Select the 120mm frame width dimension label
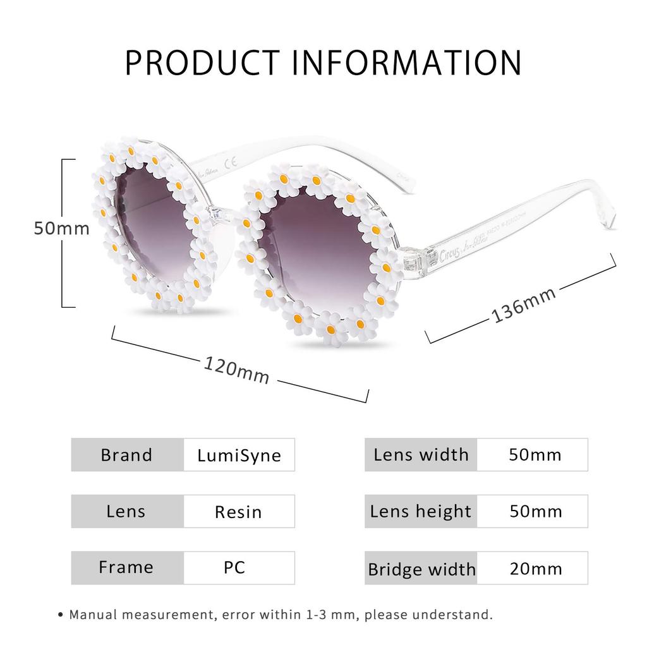pyautogui.click(x=236, y=370)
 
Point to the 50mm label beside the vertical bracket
pyautogui.click(x=62, y=228)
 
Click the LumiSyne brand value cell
pyautogui.click(x=239, y=455)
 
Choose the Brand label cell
pyautogui.click(x=127, y=455)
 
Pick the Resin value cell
pyautogui.click(x=238, y=511)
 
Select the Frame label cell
pyautogui.click(x=126, y=567)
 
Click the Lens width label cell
pyautogui.click(x=421, y=455)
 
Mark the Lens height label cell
pyautogui.click(x=421, y=511)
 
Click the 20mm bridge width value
pyautogui.click(x=535, y=568)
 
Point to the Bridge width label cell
pyautogui.click(x=421, y=569)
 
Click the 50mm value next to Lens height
pyautogui.click(x=535, y=511)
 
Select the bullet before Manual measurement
pyautogui.click(x=60, y=614)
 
